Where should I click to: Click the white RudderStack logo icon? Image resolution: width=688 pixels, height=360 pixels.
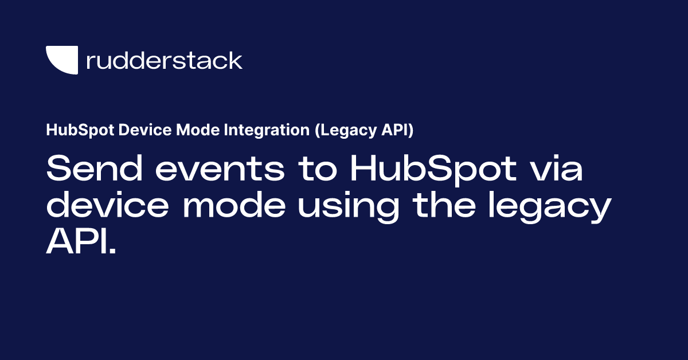click(61, 60)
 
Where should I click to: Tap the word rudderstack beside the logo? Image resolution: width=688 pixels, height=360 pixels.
click(164, 60)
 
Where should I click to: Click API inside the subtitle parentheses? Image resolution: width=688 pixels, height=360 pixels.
click(396, 131)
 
